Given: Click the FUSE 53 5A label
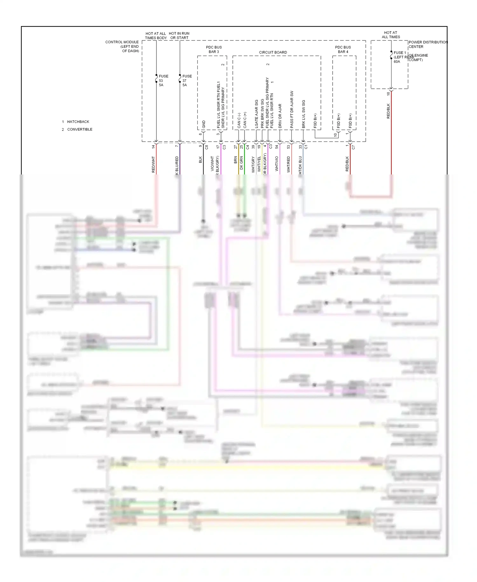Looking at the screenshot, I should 163,81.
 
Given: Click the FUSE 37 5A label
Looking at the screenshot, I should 187,81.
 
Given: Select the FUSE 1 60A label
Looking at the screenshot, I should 400,57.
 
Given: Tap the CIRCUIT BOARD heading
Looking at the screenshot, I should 273,52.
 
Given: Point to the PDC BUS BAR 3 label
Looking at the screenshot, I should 214,49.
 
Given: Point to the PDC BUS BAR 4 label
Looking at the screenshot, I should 343,49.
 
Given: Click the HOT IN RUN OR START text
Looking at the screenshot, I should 179,35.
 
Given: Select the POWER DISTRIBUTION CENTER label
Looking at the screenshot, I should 428,44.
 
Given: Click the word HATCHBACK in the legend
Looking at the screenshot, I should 78,122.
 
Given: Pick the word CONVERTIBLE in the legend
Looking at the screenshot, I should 80,129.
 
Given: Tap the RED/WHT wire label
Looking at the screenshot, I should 153,164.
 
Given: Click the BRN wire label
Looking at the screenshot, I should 235,160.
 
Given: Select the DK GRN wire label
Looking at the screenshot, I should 241,162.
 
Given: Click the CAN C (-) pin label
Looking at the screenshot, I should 239,120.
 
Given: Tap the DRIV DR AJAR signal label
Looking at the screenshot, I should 280,116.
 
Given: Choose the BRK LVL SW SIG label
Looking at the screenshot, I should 303,114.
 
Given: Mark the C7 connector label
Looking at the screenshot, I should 353,147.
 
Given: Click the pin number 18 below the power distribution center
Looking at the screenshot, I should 388,94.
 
